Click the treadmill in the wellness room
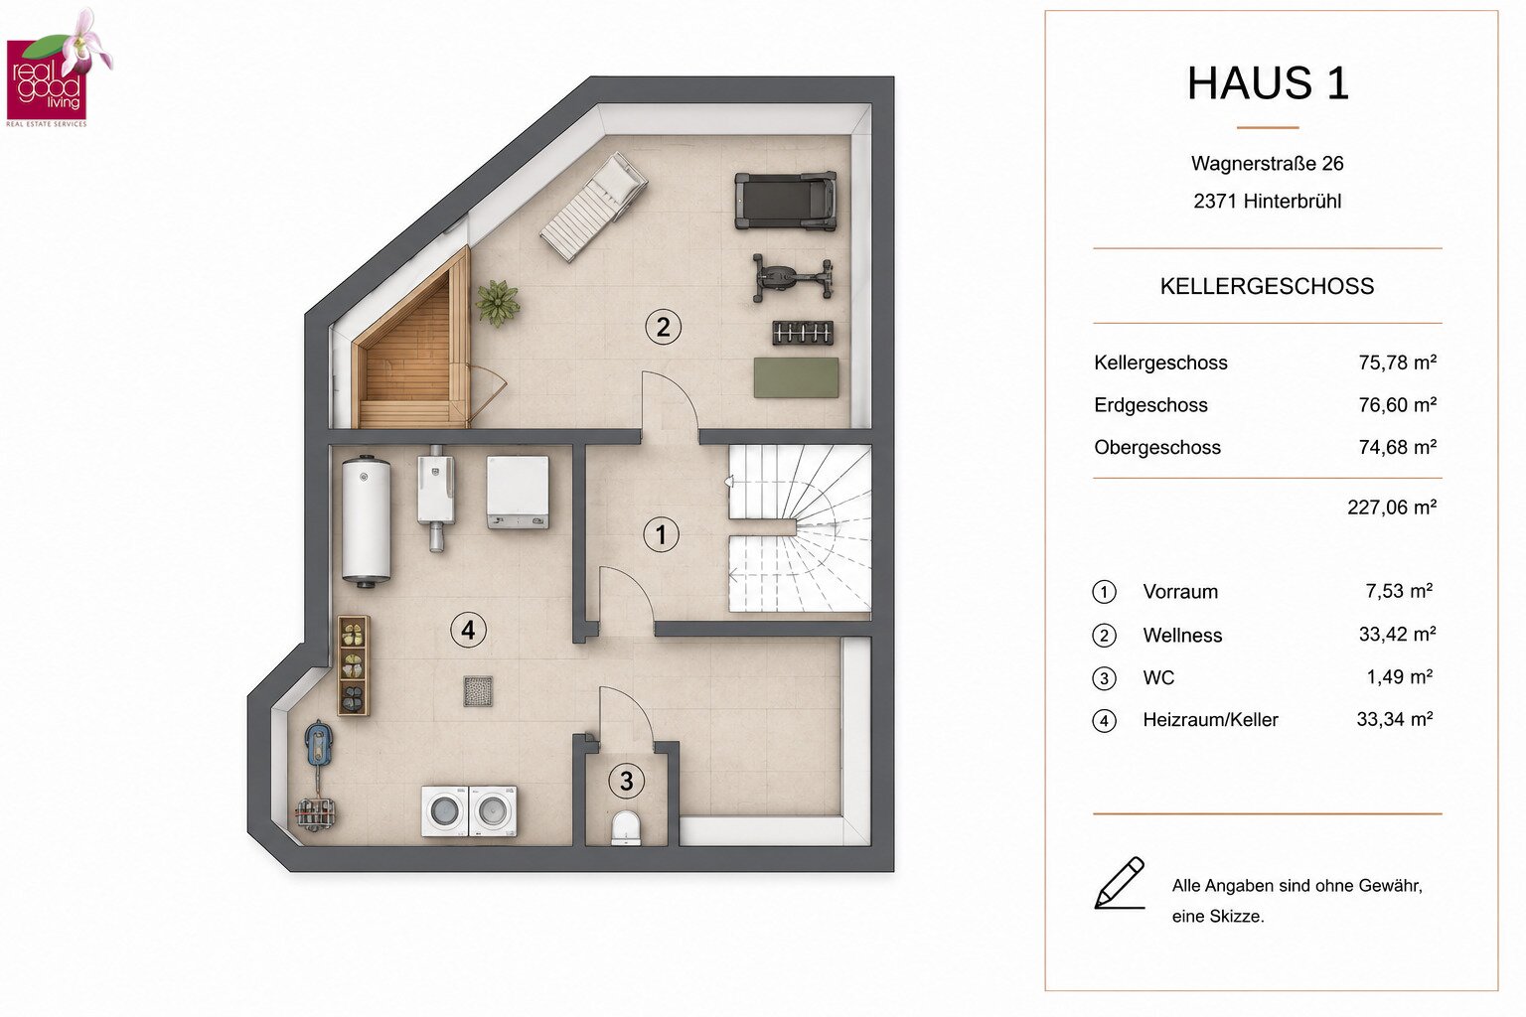(785, 201)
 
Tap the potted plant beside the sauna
(498, 303)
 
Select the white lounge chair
(593, 206)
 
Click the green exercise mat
(796, 377)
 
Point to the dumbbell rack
(803, 333)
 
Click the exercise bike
(792, 278)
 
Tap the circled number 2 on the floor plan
(663, 328)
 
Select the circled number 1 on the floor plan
(661, 534)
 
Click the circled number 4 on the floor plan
(468, 630)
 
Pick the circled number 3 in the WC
(626, 781)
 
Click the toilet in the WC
(625, 827)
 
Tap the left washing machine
(445, 810)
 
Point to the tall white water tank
(366, 521)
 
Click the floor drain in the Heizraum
(478, 691)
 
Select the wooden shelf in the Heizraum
(354, 666)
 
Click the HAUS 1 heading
(1268, 83)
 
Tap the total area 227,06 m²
(1392, 507)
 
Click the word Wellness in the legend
(1182, 635)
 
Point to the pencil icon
(1120, 882)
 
